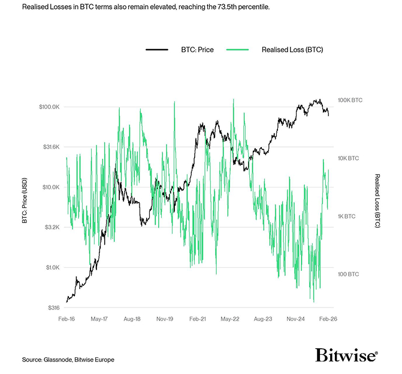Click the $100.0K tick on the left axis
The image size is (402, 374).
pos(49,107)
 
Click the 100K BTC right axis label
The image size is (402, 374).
pos(350,100)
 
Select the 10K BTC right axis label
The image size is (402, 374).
pos(349,158)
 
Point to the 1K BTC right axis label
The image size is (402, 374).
pos(347,216)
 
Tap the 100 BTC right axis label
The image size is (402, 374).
pos(348,275)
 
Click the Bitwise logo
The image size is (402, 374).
pos(346,355)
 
